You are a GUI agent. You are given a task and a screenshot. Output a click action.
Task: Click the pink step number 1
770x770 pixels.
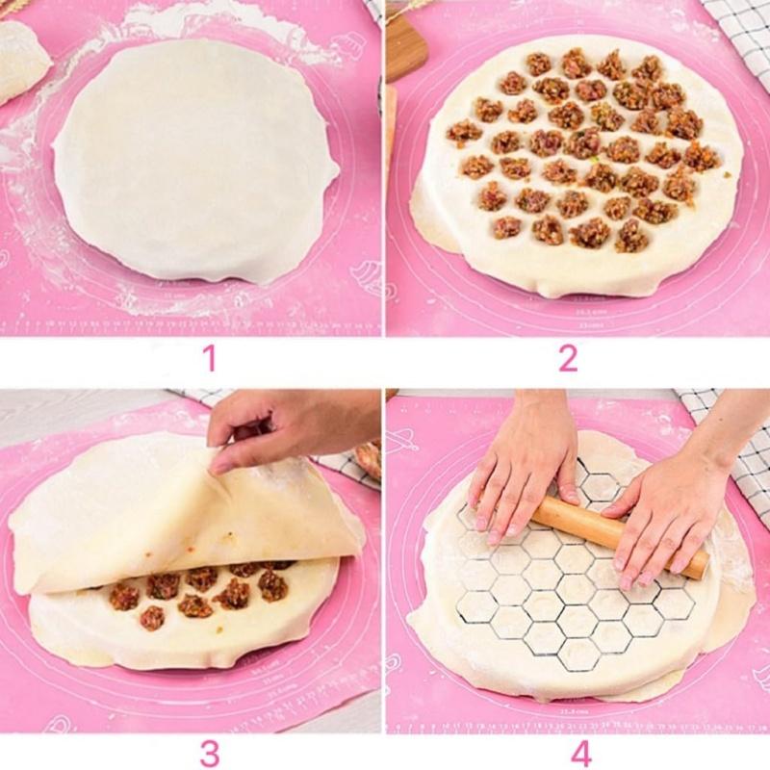point(209,359)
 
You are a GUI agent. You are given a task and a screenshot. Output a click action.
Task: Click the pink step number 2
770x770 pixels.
point(568,359)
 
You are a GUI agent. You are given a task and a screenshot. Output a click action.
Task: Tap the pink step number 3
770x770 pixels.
point(209,753)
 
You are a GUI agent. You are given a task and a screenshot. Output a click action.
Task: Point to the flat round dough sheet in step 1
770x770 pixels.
point(192,164)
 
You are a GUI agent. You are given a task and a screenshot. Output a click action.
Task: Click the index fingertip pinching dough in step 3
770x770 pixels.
point(220,467)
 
